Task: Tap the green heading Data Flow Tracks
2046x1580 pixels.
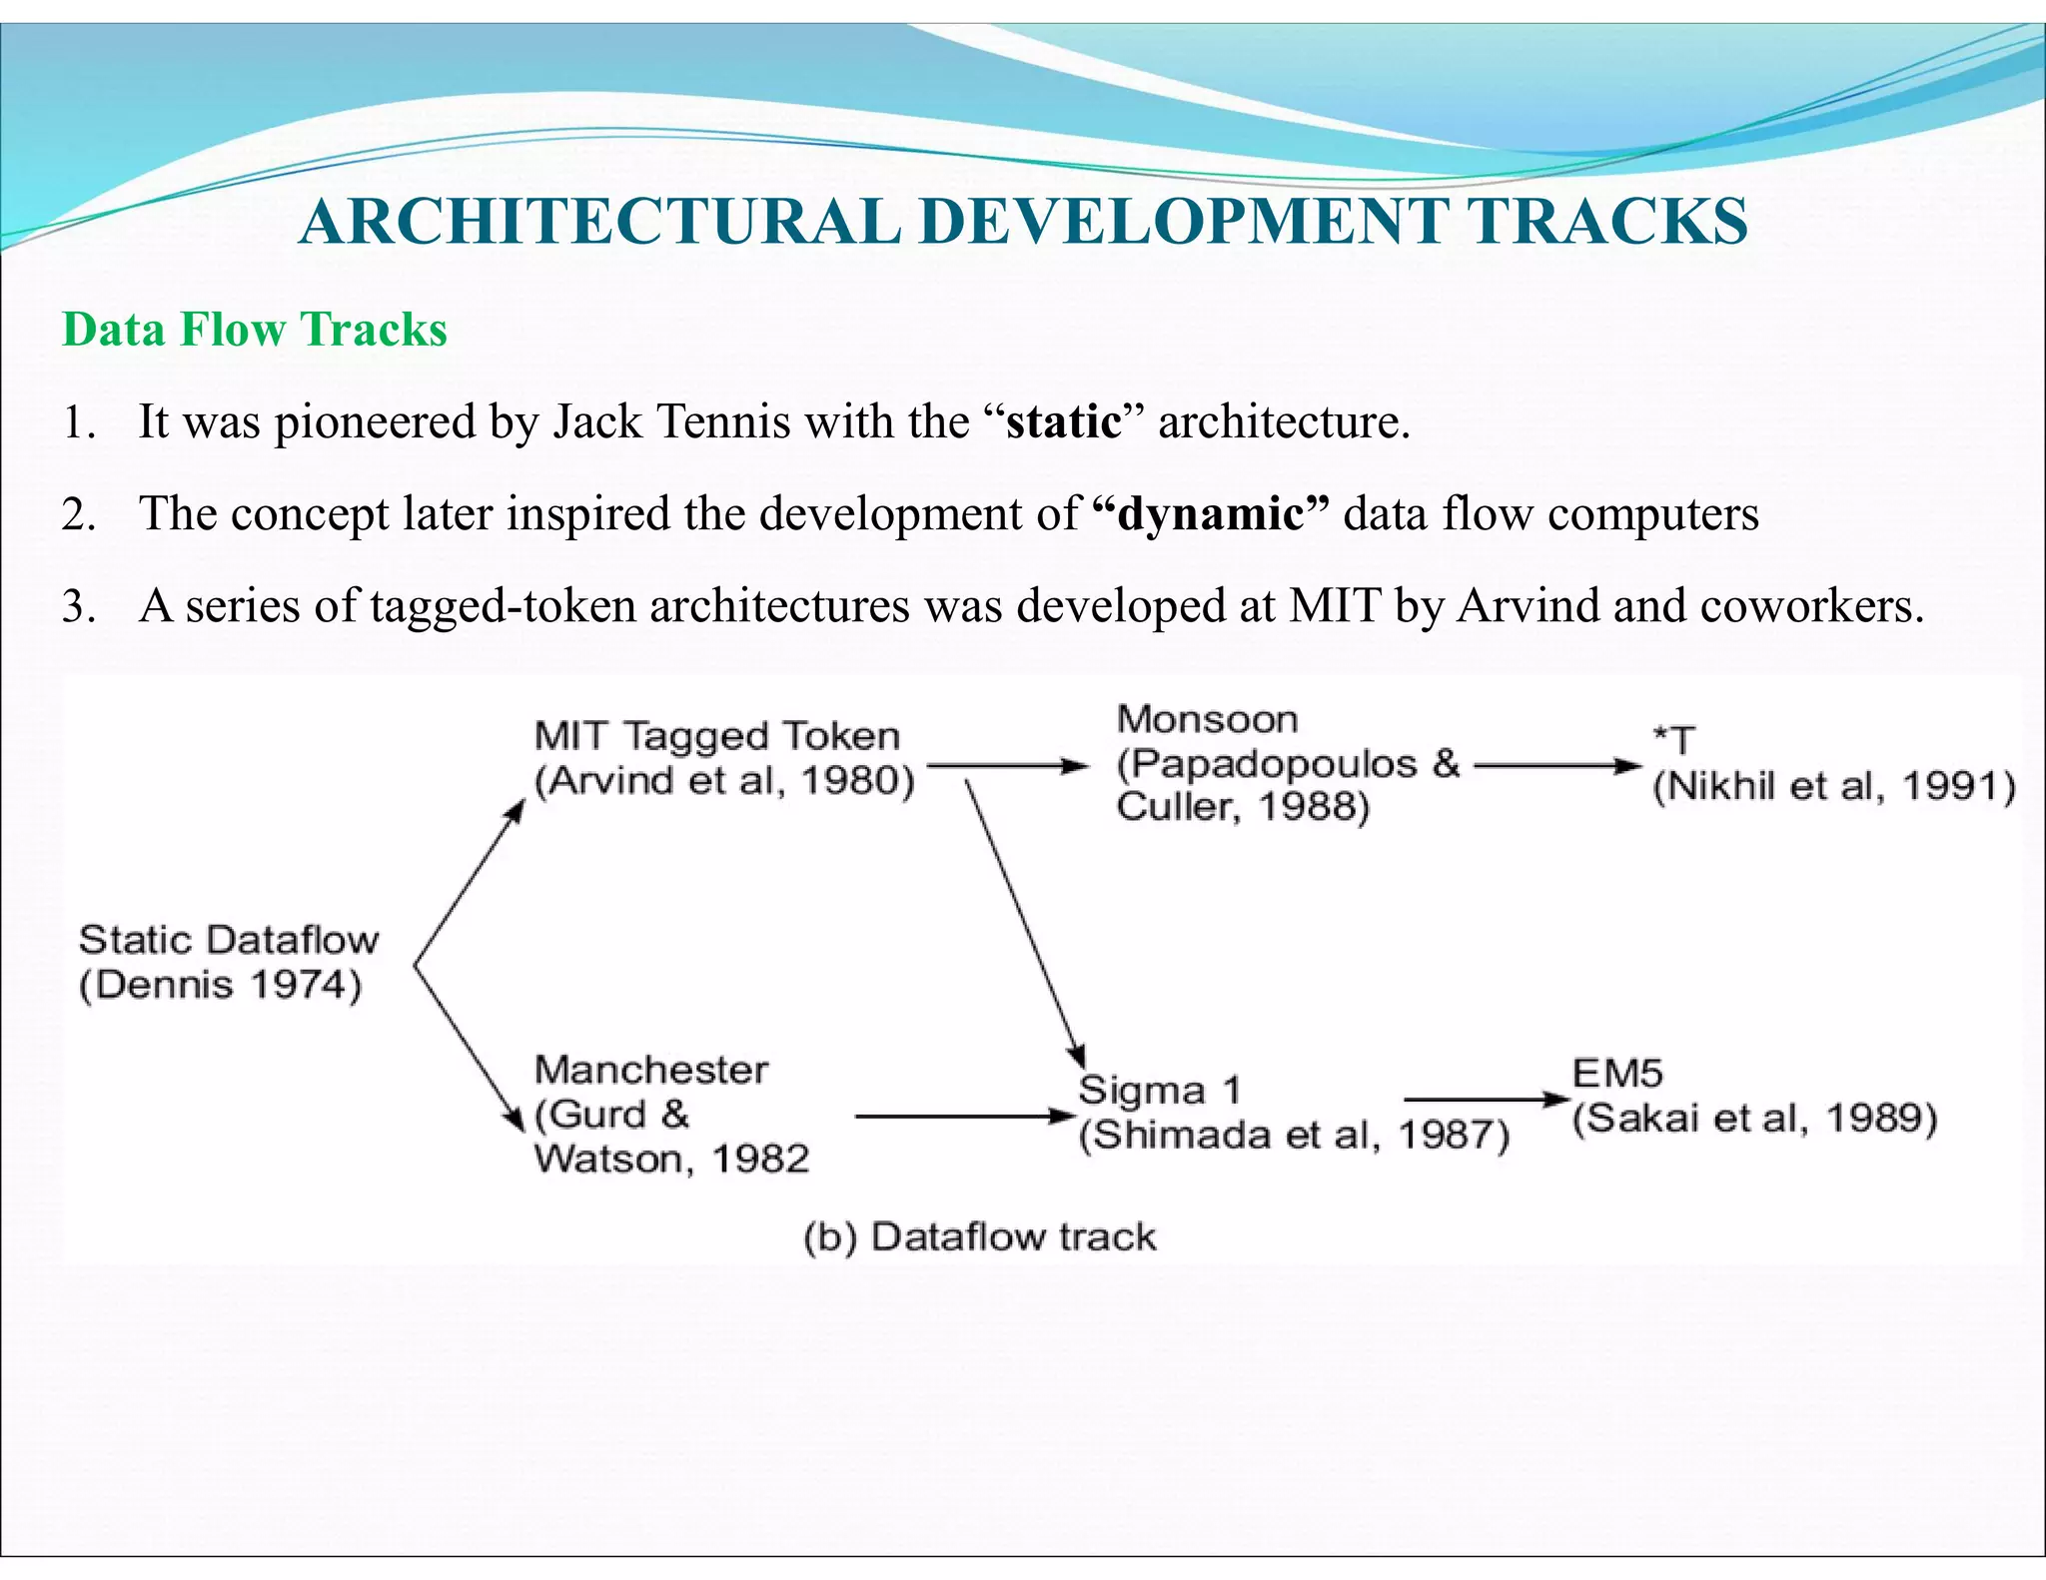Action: coord(254,330)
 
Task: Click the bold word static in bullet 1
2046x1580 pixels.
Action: coord(1063,421)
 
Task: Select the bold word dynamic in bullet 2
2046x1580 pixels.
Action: coord(1210,514)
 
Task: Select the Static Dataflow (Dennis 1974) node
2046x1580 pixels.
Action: coord(228,963)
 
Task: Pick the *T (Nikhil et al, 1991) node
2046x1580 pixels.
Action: coord(1832,765)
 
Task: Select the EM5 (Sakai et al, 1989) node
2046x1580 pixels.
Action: coord(1753,1097)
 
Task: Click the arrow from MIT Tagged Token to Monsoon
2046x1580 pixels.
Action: coord(1007,766)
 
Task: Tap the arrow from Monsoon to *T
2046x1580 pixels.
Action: coord(1556,766)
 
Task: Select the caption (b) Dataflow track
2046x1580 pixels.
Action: coord(979,1237)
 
